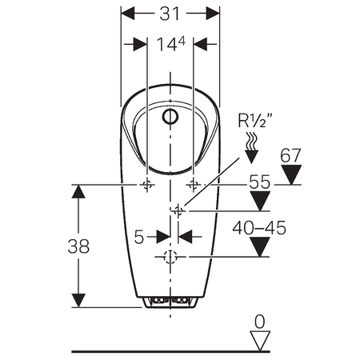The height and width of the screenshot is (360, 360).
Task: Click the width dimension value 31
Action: point(170,14)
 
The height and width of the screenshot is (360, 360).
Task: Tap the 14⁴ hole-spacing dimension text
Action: point(171,44)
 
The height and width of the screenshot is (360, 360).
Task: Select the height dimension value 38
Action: point(78,246)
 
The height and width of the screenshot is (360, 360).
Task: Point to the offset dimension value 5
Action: point(139,237)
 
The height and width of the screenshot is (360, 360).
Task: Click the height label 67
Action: point(290,155)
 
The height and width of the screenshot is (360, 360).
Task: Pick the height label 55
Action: point(259,182)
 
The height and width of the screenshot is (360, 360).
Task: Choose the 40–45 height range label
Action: point(259,228)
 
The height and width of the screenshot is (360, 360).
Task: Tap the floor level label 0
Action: point(259,322)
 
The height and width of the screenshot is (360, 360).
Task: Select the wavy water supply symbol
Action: point(251,141)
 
